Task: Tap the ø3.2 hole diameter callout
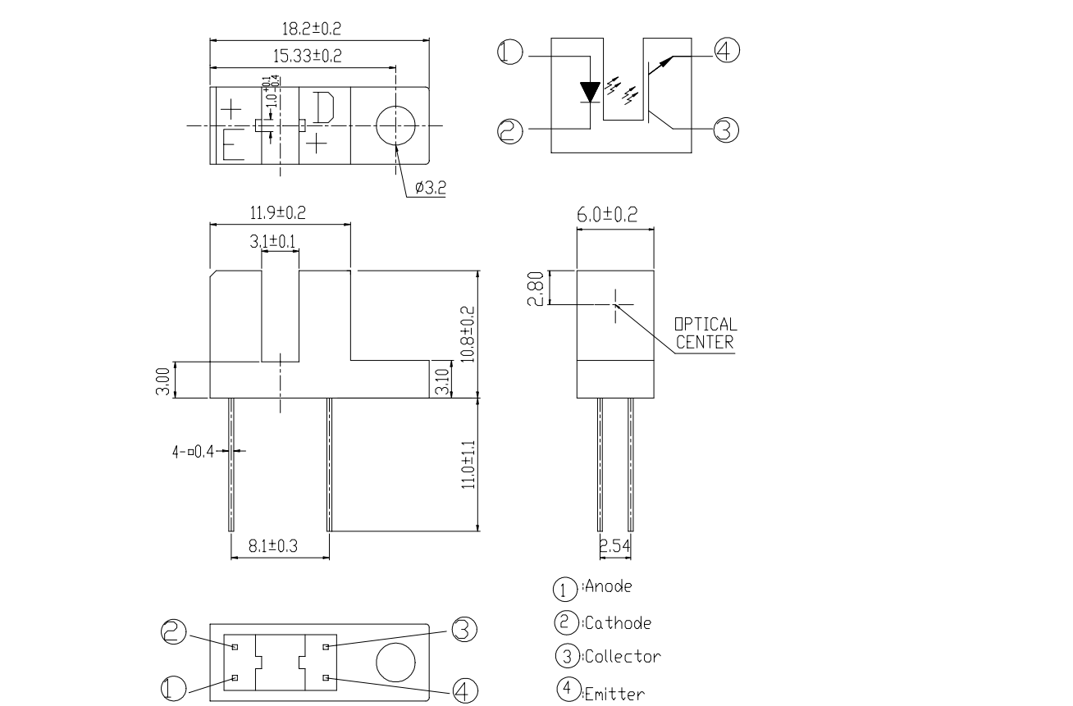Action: click(x=430, y=188)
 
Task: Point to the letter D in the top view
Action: click(x=323, y=107)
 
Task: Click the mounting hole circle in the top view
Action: click(x=396, y=125)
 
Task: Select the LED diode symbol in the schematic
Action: click(x=591, y=91)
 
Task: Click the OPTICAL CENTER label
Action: click(x=705, y=333)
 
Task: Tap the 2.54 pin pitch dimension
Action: click(x=615, y=545)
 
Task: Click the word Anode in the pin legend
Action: click(x=608, y=587)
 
